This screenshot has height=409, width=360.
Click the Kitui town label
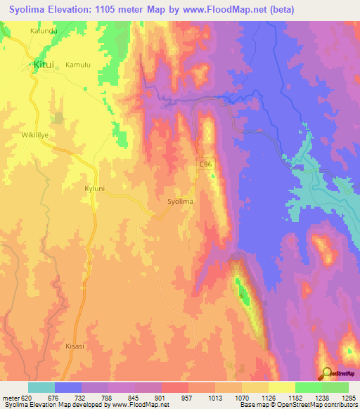44,65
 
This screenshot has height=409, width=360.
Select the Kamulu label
78,65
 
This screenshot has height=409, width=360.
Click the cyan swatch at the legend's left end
41,387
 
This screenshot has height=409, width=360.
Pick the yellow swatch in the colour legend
281,387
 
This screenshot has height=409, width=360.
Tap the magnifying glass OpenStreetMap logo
326,372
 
